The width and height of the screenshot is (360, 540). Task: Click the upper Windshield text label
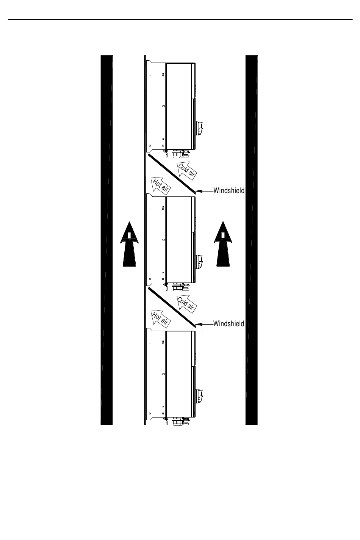click(x=229, y=190)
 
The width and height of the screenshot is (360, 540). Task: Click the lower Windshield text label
click(x=229, y=323)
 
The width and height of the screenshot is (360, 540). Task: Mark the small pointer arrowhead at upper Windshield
click(x=200, y=191)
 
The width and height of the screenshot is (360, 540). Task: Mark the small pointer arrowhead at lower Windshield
click(x=200, y=324)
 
